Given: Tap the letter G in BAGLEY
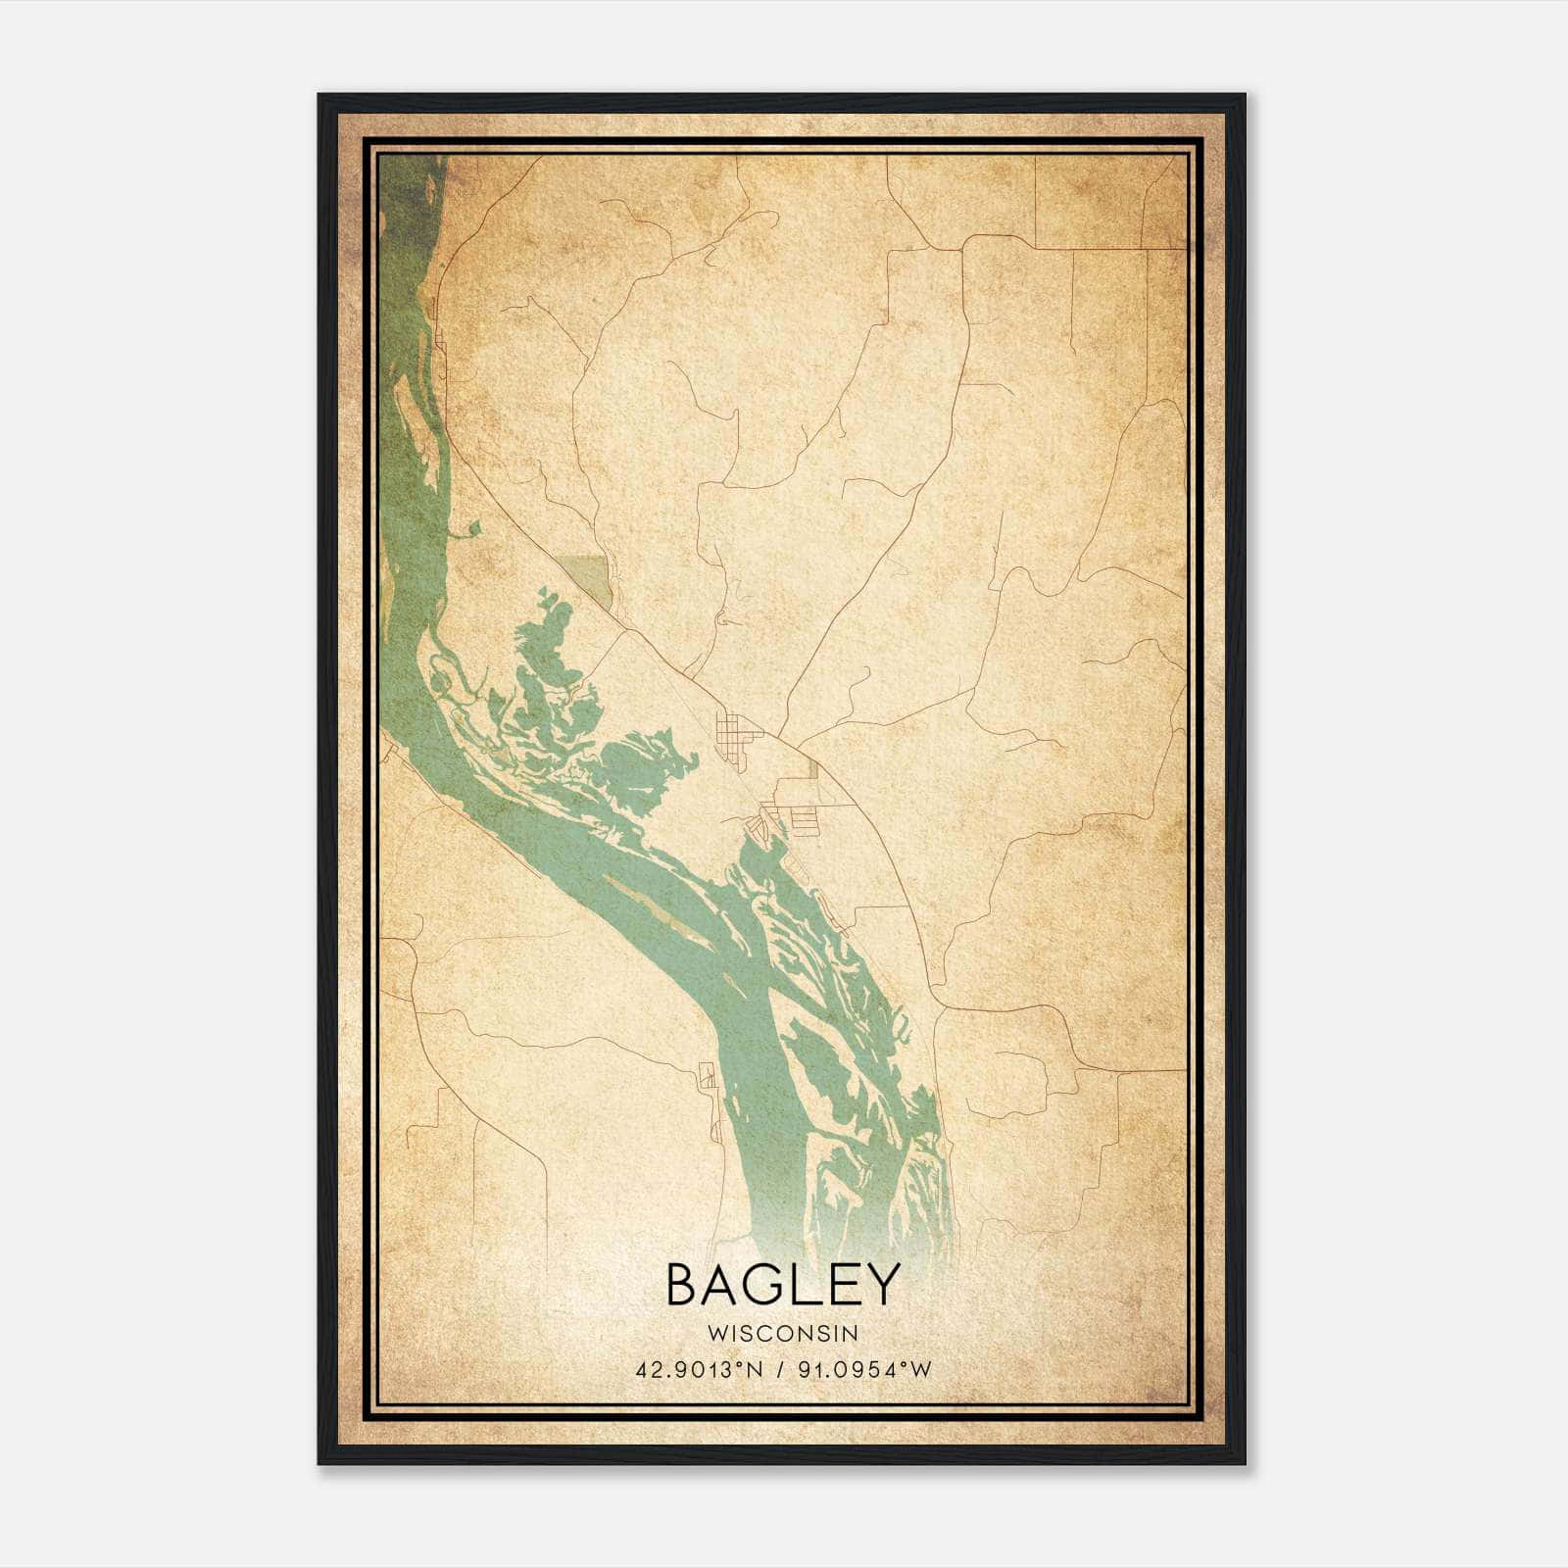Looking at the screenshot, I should click(x=771, y=1285).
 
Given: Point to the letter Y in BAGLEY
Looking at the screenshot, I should click(x=881, y=1285).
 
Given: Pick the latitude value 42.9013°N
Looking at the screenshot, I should click(x=697, y=1370).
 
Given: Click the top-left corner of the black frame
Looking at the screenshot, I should click(x=320, y=96).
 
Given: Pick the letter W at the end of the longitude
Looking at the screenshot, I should click(x=920, y=1370).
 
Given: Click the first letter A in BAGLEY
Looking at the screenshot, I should click(x=725, y=1285).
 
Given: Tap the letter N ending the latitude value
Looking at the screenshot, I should click(x=758, y=1370).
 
